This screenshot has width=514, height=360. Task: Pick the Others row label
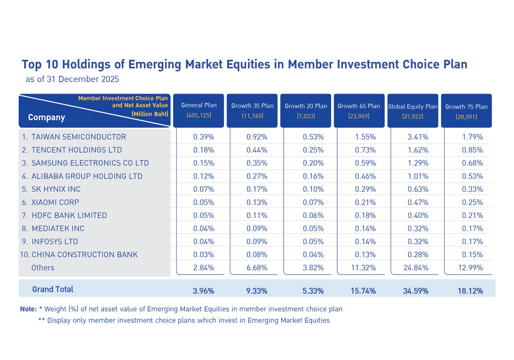(x=43, y=267)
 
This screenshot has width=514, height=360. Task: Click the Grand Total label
(x=52, y=290)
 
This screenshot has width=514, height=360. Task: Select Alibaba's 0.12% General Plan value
(x=204, y=176)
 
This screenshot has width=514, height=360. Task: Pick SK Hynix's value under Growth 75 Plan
(x=473, y=189)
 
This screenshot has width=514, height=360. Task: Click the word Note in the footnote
(x=28, y=309)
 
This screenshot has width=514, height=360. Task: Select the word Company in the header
(x=46, y=117)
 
